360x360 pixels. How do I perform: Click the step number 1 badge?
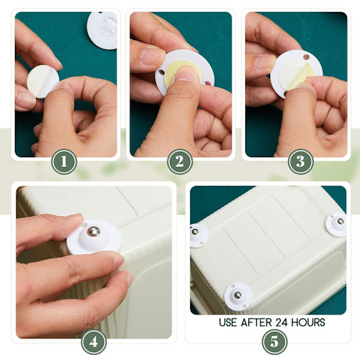point(64,161)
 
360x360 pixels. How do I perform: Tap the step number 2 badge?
point(179,161)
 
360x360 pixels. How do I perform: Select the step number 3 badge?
point(301,161)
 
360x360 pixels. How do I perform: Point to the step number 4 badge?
point(94,343)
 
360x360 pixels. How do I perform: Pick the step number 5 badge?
point(274,342)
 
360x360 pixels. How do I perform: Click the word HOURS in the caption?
point(308,323)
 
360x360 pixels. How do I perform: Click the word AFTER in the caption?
point(256,323)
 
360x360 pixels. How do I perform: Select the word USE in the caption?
point(228,323)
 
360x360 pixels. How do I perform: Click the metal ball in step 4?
point(94,231)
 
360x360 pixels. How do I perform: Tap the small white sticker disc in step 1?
point(43,81)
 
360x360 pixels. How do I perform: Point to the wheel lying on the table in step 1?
point(102,31)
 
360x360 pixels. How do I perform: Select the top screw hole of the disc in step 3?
point(306,57)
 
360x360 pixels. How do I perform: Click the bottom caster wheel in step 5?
point(238,296)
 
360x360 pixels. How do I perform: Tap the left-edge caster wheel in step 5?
point(199,236)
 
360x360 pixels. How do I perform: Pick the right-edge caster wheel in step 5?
point(337,224)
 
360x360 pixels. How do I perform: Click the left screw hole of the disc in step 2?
point(161,73)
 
